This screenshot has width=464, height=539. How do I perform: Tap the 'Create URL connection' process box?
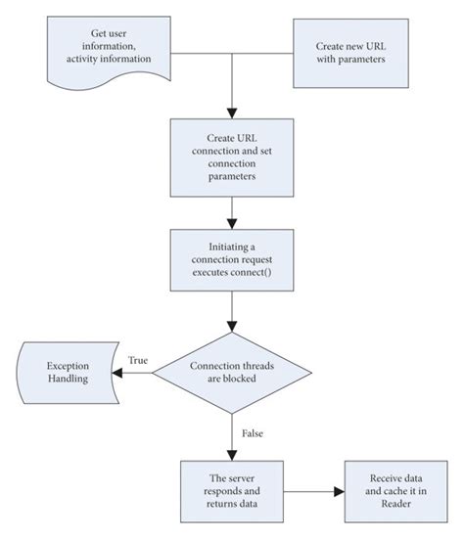click(x=231, y=157)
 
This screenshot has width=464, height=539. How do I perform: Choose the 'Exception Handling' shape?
click(x=66, y=373)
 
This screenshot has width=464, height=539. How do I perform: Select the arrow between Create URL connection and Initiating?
click(x=231, y=211)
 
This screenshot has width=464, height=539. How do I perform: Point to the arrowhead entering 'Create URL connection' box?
click(x=231, y=112)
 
